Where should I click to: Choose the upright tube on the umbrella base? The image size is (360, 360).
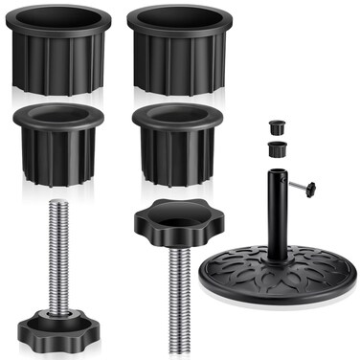point(278,215)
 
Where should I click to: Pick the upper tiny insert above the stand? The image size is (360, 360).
point(277,126)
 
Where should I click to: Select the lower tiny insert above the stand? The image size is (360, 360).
point(278,148)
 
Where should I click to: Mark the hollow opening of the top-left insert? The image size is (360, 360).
point(58,21)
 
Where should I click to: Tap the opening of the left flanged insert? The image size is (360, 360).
point(57,114)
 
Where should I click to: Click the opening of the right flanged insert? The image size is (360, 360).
point(177,115)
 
